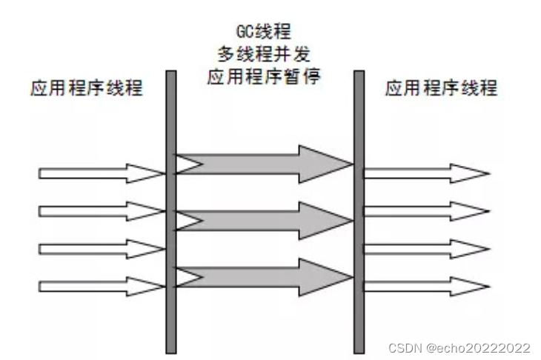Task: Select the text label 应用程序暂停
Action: tap(264, 77)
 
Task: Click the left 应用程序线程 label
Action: tap(87, 90)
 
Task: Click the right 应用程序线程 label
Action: tap(442, 90)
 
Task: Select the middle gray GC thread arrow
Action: tap(259, 219)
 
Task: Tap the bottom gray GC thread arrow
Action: tap(259, 276)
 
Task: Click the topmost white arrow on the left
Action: tap(100, 173)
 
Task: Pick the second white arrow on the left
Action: tap(100, 211)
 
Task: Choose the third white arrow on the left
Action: tap(100, 247)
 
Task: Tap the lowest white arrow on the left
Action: tap(100, 284)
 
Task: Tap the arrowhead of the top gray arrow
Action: tap(326, 164)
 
